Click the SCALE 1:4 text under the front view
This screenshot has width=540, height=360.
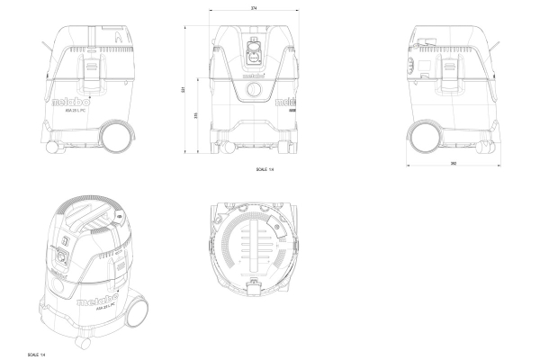click(266, 167)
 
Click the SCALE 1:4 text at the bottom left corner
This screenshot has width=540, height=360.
click(37, 354)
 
